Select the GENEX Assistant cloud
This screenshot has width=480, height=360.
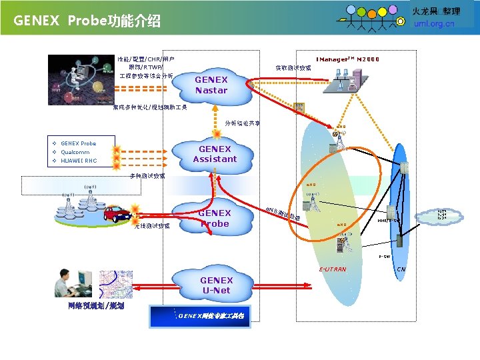215,154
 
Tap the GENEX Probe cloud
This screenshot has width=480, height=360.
214,219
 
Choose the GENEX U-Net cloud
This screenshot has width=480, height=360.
216,285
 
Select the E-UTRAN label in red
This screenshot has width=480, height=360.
332,269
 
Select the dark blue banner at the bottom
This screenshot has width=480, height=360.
201,315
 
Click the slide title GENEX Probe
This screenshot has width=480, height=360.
87,21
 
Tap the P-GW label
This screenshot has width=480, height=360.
385,256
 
